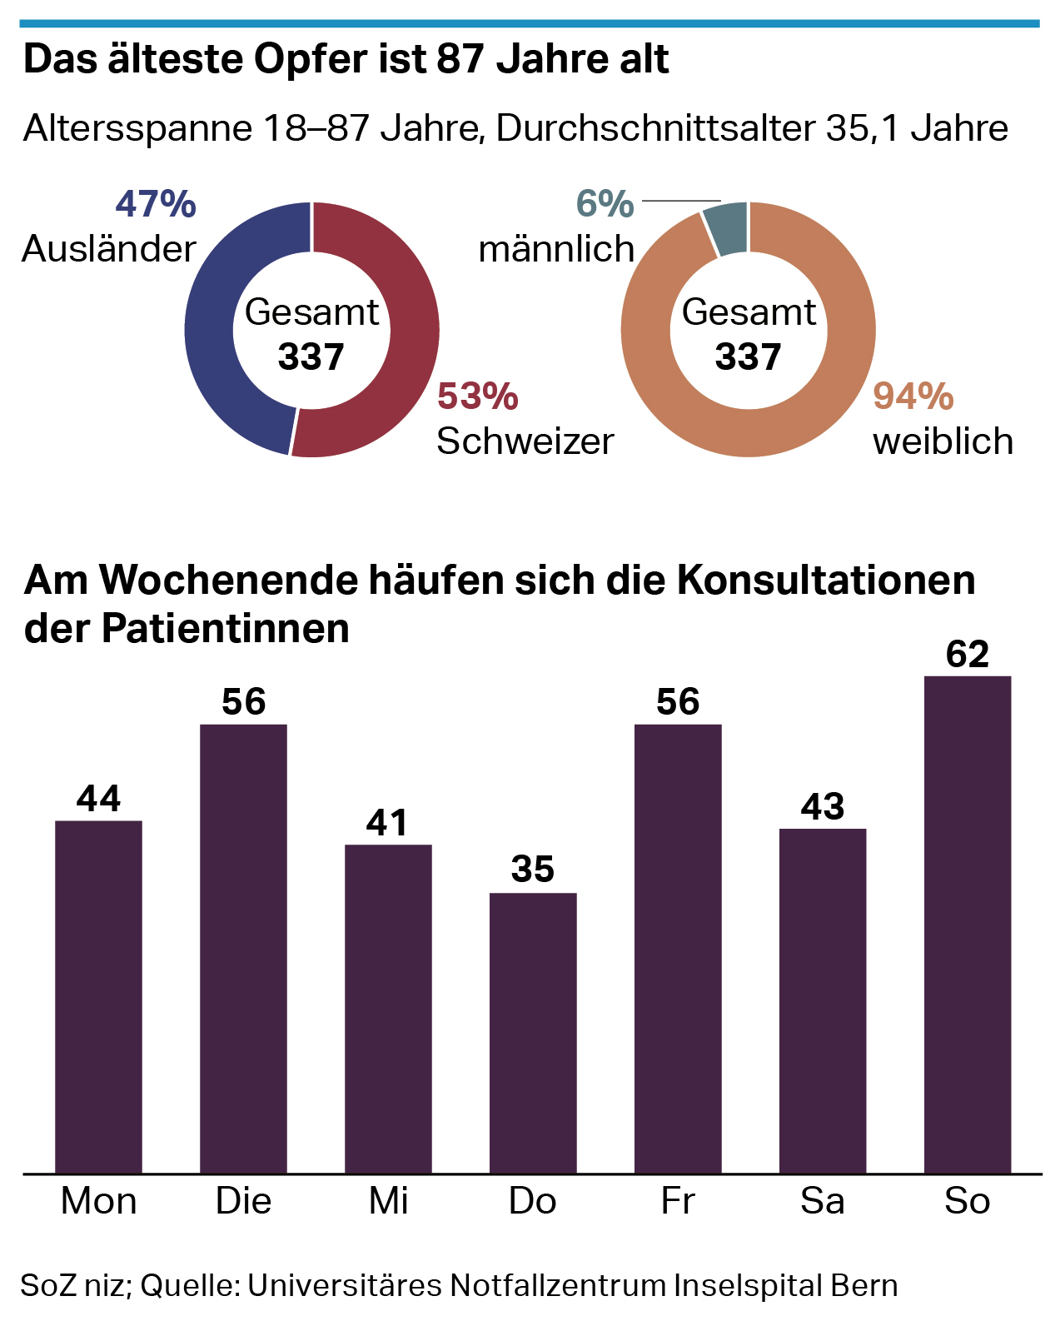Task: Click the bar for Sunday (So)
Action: [968, 925]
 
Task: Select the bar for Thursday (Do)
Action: [533, 1033]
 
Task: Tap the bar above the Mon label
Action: [98, 997]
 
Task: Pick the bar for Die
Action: [243, 949]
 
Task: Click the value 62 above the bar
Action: [968, 655]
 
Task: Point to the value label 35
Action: [533, 870]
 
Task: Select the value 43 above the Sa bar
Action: [823, 806]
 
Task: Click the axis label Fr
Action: [677, 1201]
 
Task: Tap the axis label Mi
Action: [388, 1201]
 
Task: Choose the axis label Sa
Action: [823, 1201]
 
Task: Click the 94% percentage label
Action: [913, 396]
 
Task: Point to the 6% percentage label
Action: [605, 204]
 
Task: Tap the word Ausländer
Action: [109, 249]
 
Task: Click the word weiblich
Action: [943, 441]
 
